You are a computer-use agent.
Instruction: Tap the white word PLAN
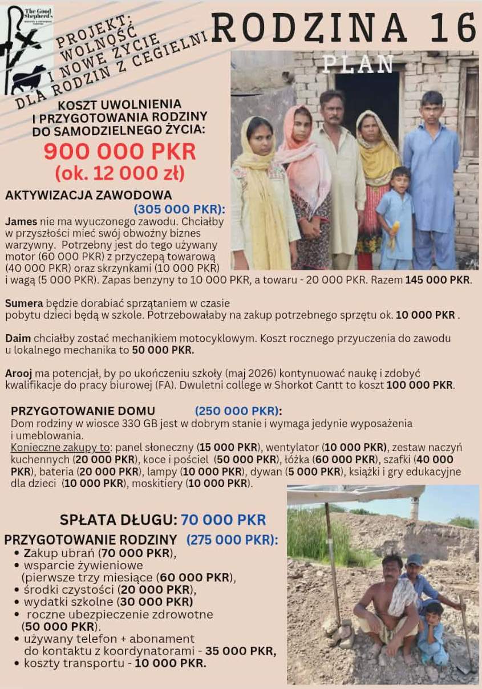coord(358,64)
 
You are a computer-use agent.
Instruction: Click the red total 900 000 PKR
coord(120,152)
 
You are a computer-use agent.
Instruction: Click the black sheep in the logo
coord(29,78)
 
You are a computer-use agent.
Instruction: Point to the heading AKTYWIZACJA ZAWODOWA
coord(88,195)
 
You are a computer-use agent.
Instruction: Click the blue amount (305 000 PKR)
coord(179,209)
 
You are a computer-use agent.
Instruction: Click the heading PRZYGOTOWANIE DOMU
coord(83,411)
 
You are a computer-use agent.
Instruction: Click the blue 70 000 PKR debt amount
coord(223,520)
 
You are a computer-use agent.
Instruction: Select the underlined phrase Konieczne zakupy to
coord(60,447)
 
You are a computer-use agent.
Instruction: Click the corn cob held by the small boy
coord(393,235)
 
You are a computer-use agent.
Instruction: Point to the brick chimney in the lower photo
coord(414,508)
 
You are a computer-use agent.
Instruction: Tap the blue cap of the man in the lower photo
coord(414,560)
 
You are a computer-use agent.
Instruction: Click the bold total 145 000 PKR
coord(438,280)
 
